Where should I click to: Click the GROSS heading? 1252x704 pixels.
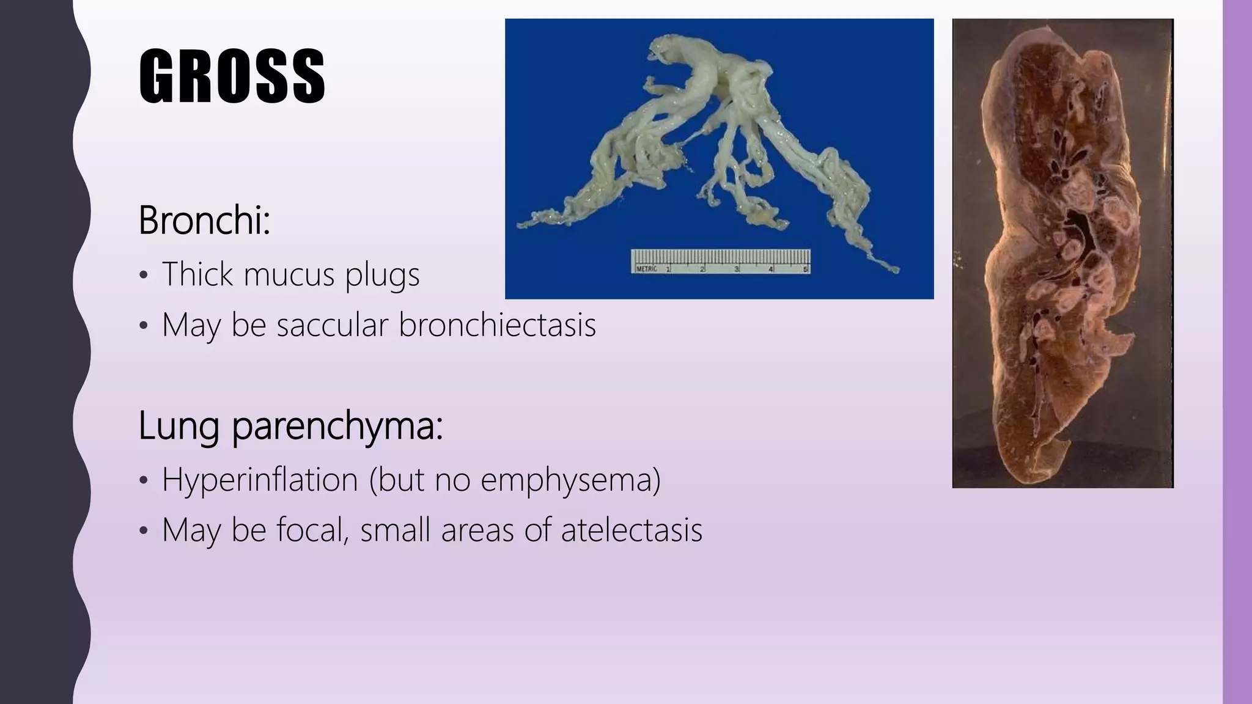click(232, 76)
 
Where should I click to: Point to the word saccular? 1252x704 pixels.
click(332, 324)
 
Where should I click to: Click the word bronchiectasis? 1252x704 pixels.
click(497, 324)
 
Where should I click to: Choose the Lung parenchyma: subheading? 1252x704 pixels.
click(290, 426)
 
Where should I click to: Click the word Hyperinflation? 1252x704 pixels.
click(260, 479)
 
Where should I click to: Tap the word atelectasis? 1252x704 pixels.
click(632, 530)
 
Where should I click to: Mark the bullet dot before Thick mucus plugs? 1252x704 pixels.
click(143, 276)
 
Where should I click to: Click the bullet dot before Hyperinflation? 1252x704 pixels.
click(143, 481)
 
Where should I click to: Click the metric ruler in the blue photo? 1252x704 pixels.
click(720, 261)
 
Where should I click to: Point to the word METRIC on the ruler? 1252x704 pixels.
click(647, 269)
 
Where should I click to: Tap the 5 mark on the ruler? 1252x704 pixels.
click(805, 269)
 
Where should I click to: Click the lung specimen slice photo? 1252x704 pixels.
click(1062, 253)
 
